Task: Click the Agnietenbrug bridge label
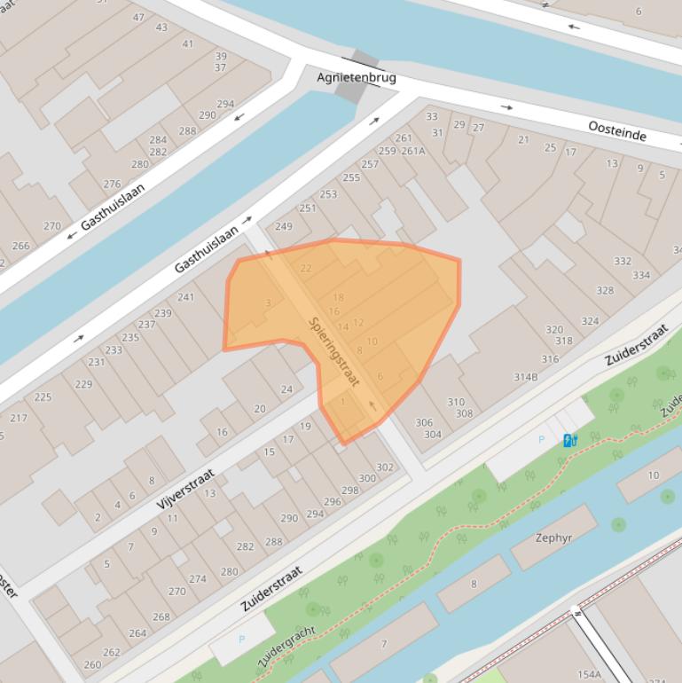pyautogui.click(x=357, y=78)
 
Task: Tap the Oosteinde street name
pyautogui.click(x=616, y=132)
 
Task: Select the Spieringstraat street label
pyautogui.click(x=334, y=351)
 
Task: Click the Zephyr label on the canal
pyautogui.click(x=553, y=538)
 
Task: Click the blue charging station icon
pyautogui.click(x=569, y=440)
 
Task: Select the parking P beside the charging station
pyautogui.click(x=542, y=440)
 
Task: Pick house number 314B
pyautogui.click(x=526, y=377)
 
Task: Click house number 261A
pyautogui.click(x=412, y=151)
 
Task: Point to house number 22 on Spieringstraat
pyautogui.click(x=306, y=269)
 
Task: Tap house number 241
pyautogui.click(x=185, y=297)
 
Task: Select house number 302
pyautogui.click(x=385, y=467)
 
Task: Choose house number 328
pyautogui.click(x=605, y=291)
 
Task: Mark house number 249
pyautogui.click(x=284, y=226)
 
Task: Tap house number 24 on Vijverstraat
pyautogui.click(x=286, y=389)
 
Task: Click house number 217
pyautogui.click(x=19, y=418)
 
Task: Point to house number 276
pyautogui.click(x=112, y=184)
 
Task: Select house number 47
pyautogui.click(x=138, y=18)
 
